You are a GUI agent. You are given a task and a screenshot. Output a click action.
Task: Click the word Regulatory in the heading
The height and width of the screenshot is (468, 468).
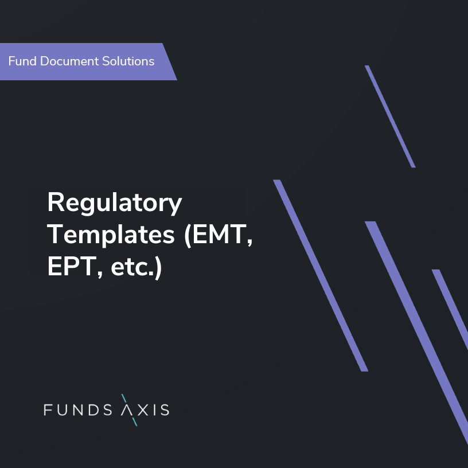point(114,204)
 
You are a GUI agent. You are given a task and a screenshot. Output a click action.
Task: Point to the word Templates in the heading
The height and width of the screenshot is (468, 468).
point(112,235)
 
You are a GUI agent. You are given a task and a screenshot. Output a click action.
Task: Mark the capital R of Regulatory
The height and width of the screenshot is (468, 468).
point(55,202)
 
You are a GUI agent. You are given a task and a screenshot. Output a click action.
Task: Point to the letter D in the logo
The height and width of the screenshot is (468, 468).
point(99,410)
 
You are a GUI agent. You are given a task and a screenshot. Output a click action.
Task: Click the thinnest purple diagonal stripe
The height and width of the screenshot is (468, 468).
point(390,116)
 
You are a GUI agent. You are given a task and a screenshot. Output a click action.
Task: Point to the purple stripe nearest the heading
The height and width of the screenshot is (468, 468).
point(320,275)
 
